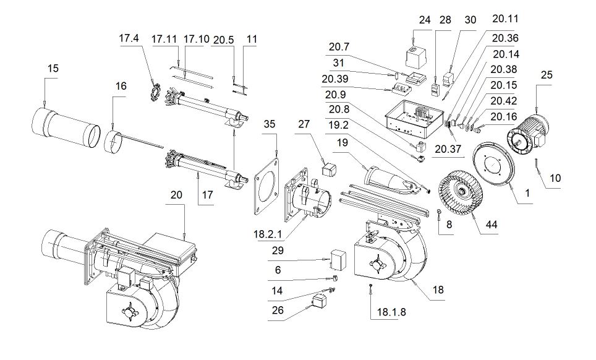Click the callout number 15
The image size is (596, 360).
(53, 69)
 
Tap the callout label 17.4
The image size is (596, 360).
(129, 38)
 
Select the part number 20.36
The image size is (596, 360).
(505, 38)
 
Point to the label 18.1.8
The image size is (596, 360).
(391, 312)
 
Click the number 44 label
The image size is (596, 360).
(491, 225)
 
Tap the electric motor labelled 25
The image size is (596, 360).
(527, 131)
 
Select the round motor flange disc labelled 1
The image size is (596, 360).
(493, 163)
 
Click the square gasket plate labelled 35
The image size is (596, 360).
(266, 187)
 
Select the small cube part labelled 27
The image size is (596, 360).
(328, 169)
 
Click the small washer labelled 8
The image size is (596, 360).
(438, 211)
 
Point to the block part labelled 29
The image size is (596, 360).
(338, 260)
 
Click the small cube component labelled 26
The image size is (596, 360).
(318, 301)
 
